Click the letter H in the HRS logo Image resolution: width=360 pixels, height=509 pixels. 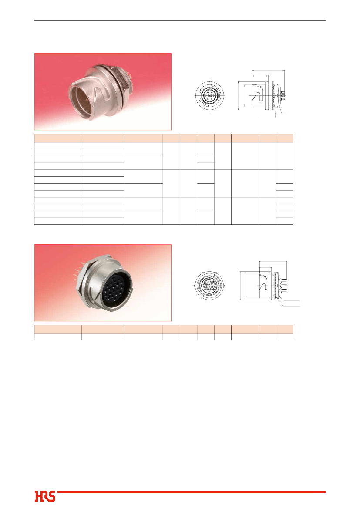(39, 497)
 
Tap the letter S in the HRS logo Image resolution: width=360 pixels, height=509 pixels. (51, 497)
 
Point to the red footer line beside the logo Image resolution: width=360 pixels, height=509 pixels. (191, 492)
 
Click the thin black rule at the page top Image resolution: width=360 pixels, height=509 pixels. (180, 21)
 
